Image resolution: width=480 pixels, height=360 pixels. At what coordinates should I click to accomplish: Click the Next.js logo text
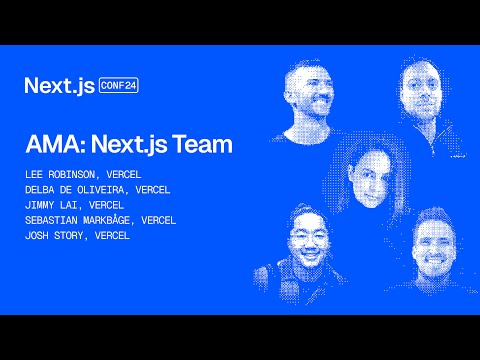click(x=60, y=85)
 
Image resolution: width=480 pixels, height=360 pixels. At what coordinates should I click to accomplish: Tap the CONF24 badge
click(x=119, y=85)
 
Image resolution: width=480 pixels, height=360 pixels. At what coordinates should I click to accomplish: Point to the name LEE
click(x=35, y=174)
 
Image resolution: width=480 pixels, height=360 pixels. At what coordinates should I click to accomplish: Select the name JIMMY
click(x=41, y=204)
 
